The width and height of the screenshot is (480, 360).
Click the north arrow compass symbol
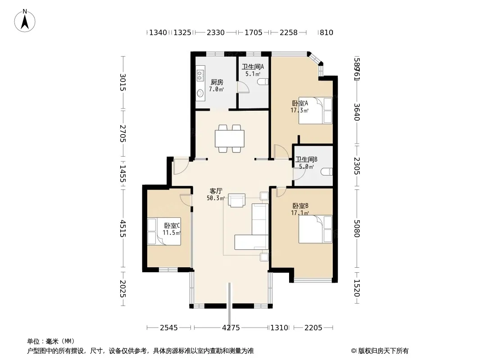[x=25, y=21]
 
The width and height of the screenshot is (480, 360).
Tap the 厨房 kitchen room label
[x=217, y=82]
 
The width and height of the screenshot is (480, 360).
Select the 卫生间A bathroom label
[x=253, y=67]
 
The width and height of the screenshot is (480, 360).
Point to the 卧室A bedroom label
[x=300, y=103]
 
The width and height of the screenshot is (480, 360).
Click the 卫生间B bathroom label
[x=306, y=159]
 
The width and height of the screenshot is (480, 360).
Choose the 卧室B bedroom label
[x=300, y=206]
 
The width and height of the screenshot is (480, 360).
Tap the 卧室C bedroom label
[x=172, y=226]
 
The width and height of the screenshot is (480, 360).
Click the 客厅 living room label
[x=216, y=191]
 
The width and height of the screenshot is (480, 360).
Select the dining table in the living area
[x=230, y=139]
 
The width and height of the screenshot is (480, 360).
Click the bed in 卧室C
[x=164, y=231]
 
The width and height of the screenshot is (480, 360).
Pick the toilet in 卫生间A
[x=263, y=81]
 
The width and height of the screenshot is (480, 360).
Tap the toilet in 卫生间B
[x=326, y=172]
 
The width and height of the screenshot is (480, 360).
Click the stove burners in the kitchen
[x=200, y=75]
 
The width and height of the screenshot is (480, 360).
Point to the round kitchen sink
[x=200, y=93]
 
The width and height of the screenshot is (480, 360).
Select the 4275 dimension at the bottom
[x=231, y=328]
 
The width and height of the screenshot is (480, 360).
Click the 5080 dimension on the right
[x=357, y=228]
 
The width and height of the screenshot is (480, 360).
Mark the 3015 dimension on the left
[x=122, y=82]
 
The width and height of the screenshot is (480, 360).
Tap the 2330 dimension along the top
[x=216, y=32]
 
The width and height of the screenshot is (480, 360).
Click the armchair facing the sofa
[x=237, y=200]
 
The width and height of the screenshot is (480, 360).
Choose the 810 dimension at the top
[x=326, y=32]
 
